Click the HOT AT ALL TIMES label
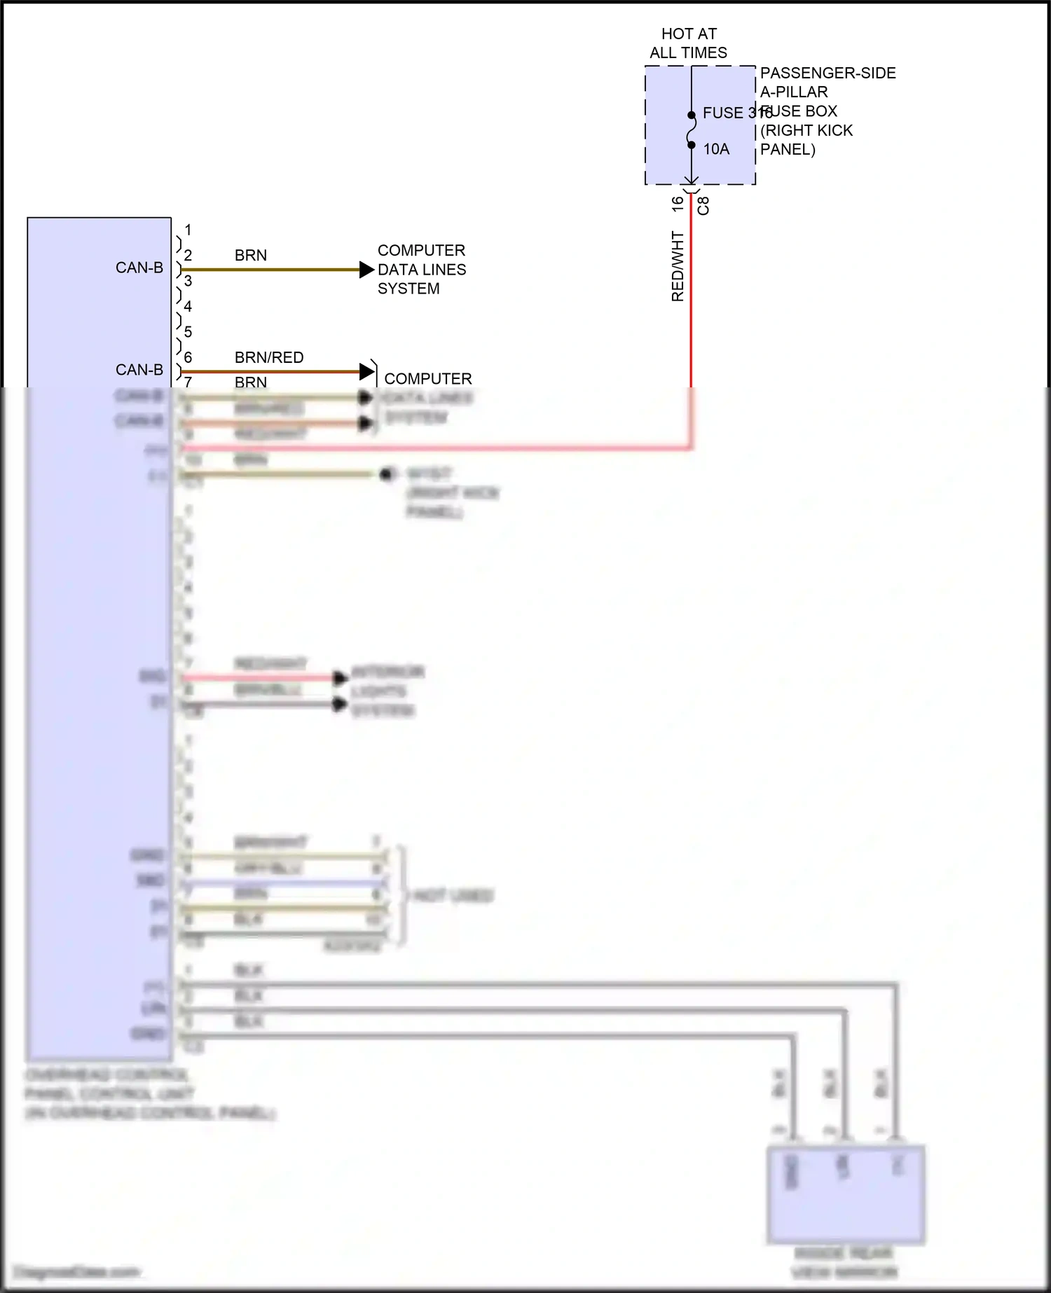click(688, 43)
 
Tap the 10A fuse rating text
click(716, 149)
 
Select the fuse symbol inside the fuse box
click(691, 130)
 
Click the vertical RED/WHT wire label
click(678, 267)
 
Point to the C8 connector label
click(704, 205)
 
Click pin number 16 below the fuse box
click(678, 204)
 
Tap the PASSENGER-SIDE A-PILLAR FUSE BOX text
click(827, 111)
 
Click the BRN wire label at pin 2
click(250, 256)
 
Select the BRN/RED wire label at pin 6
click(269, 358)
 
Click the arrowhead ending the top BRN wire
click(366, 270)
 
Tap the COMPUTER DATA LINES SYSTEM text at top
click(421, 270)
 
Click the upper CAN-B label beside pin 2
click(139, 268)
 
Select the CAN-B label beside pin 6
click(139, 370)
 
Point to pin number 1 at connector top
click(188, 230)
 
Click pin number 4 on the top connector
click(188, 306)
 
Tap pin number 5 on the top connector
click(188, 331)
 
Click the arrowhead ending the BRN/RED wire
click(366, 371)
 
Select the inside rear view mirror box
click(846, 1194)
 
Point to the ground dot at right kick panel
click(385, 475)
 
